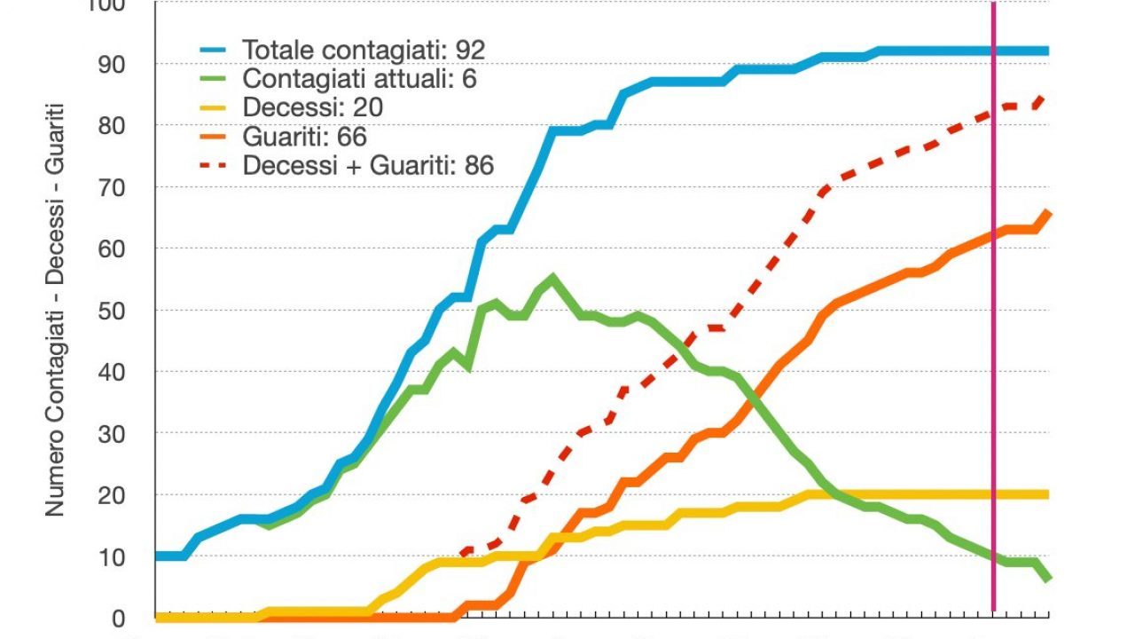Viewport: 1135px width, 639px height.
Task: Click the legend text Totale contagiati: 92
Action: [x=364, y=50]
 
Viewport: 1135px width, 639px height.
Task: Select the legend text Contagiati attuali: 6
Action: [x=359, y=79]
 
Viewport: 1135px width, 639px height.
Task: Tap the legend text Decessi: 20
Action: [x=313, y=108]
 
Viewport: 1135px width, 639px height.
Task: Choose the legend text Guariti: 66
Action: [x=304, y=137]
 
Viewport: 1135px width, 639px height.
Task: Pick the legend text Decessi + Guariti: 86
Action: [x=368, y=165]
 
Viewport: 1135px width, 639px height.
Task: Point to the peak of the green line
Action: [x=552, y=278]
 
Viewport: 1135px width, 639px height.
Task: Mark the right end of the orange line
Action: [x=1049, y=212]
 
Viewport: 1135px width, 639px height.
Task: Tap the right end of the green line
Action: [x=1049, y=579]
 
